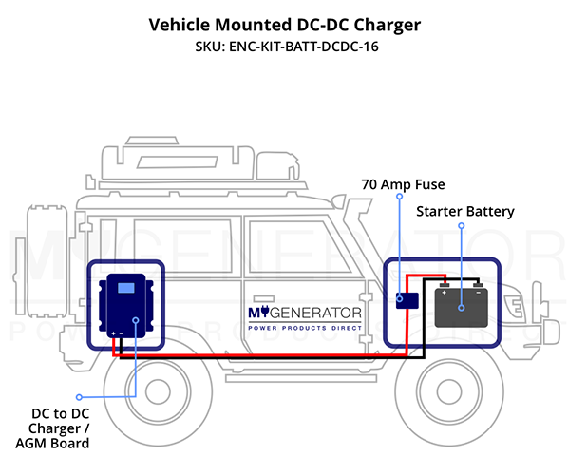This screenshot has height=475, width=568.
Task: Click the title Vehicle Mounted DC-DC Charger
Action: click(285, 26)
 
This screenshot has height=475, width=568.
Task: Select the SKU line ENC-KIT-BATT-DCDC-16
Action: click(287, 47)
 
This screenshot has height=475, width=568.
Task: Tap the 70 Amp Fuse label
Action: click(403, 184)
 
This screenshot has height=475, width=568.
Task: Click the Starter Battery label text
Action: click(465, 212)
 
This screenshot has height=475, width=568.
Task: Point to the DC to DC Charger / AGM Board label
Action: click(53, 428)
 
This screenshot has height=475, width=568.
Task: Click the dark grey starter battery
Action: click(461, 307)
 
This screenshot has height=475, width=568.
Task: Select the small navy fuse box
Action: click(407, 301)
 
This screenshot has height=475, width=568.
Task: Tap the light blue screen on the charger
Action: click(126, 288)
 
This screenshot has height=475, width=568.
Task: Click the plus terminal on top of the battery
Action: click(445, 285)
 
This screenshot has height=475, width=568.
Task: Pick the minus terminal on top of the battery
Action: click(478, 285)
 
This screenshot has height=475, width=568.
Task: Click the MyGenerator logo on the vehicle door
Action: click(305, 313)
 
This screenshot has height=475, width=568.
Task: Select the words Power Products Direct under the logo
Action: click(305, 328)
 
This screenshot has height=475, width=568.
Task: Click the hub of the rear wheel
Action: click(158, 391)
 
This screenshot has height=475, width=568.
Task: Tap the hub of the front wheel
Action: click(449, 391)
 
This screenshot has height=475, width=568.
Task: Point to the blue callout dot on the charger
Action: click(136, 320)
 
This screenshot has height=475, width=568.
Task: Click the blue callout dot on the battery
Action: click(461, 308)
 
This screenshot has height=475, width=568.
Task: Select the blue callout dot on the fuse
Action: click(399, 299)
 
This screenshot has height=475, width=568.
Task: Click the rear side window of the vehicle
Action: click(182, 246)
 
